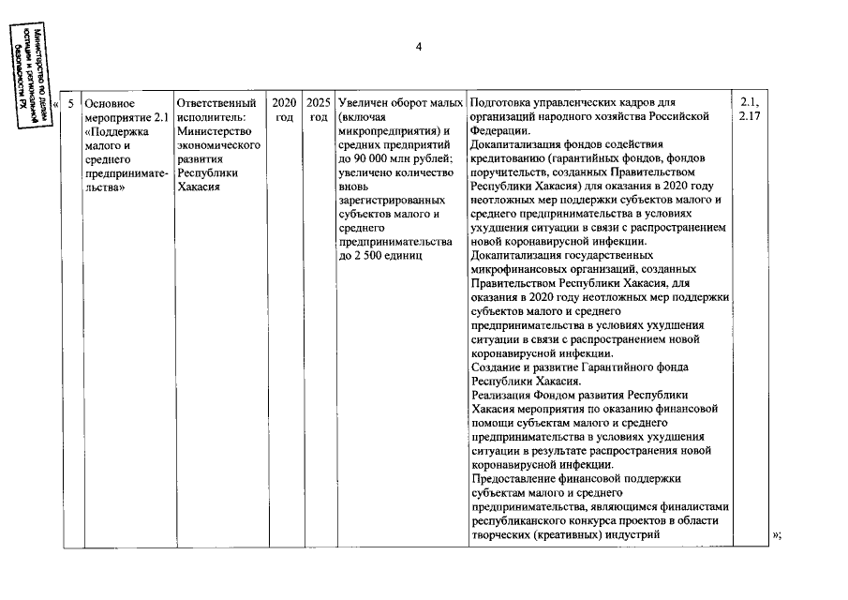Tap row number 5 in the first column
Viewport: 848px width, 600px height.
70,102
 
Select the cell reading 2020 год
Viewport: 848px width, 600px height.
284,109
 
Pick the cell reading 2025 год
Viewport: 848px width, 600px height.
319,109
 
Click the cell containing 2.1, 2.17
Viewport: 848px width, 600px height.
750,109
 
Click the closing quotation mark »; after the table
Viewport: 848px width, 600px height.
776,536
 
